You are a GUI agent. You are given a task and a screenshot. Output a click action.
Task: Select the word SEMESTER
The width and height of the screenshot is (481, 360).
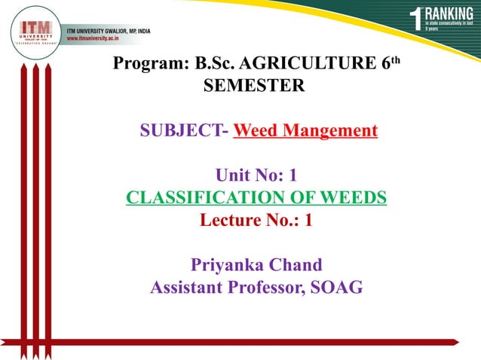click(255, 87)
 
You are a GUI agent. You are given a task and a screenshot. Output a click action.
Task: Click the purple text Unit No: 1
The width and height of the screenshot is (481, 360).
click(256, 176)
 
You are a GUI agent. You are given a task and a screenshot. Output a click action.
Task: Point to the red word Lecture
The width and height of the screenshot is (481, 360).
click(229, 221)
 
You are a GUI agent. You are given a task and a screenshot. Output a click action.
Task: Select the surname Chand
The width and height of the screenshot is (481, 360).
click(297, 265)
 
